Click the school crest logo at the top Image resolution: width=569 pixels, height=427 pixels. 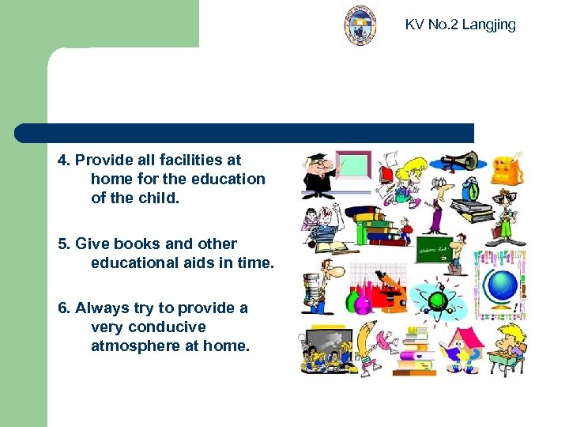360,25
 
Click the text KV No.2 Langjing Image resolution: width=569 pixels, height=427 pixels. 460,25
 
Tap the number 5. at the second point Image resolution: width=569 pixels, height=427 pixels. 64,244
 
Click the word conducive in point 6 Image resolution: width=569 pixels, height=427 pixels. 166,327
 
